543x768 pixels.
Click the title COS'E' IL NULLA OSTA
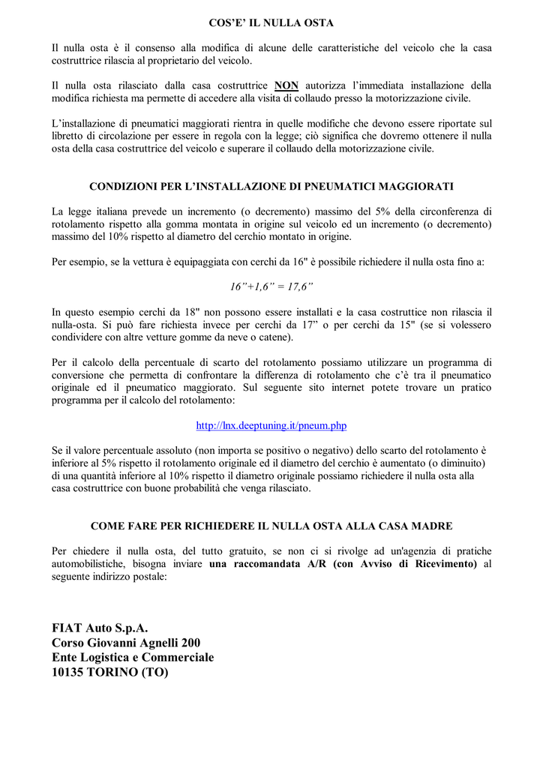point(271,23)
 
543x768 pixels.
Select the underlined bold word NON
point(286,85)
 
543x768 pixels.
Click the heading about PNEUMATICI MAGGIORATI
point(271,186)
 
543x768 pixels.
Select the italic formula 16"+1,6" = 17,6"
point(271,286)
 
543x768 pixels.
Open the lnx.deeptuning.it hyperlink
point(271,425)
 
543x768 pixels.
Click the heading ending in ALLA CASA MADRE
point(271,526)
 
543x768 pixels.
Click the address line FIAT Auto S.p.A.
point(100,627)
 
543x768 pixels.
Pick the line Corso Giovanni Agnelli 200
point(126,642)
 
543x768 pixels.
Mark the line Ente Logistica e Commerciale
point(133,657)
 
